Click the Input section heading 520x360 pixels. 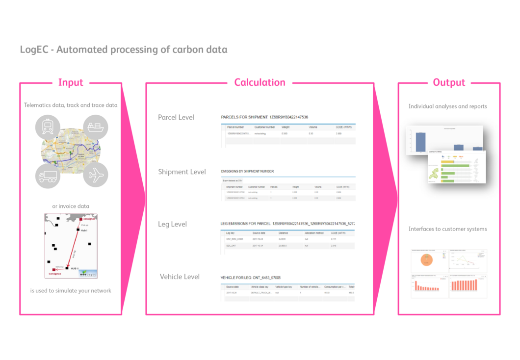coord(71,82)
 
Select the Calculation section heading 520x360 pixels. coord(260,82)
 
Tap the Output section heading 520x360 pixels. coord(449,82)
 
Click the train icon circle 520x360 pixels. coord(48,127)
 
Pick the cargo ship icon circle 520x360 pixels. coord(95,127)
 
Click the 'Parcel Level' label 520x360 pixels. coord(176,117)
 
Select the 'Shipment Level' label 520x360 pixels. coord(182,172)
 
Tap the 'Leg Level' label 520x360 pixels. coord(172,224)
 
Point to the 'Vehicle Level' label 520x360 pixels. coord(180,277)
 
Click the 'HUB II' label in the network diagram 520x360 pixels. coord(75,268)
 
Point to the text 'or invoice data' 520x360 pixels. coord(71,206)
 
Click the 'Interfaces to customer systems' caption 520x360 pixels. coord(447,229)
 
